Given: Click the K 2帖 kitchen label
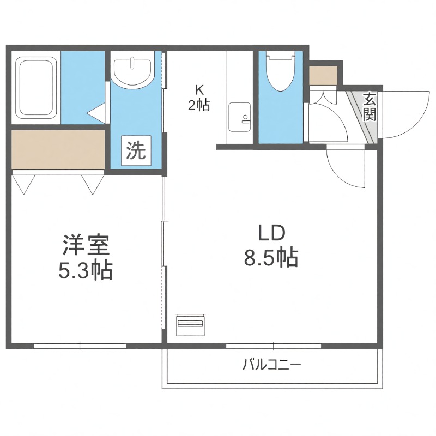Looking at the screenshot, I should pyautogui.click(x=199, y=98).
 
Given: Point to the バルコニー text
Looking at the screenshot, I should pyautogui.click(x=271, y=365).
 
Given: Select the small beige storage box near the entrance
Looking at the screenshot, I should pyautogui.click(x=323, y=75).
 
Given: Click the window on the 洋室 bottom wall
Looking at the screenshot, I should pyautogui.click(x=80, y=346).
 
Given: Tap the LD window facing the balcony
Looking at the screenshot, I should pyautogui.click(x=274, y=346).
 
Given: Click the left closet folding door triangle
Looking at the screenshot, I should pyautogui.click(x=23, y=184).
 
